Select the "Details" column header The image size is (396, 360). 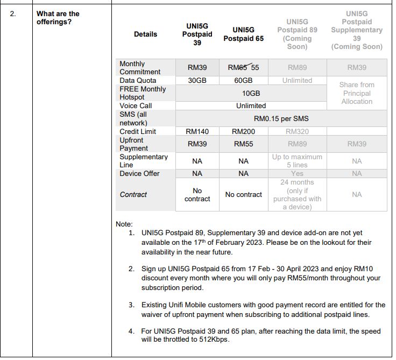pyautogui.click(x=145, y=34)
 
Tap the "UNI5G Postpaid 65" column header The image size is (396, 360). pyautogui.click(x=243, y=34)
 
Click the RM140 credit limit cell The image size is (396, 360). pyautogui.click(x=197, y=131)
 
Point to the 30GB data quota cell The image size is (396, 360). pyautogui.click(x=197, y=80)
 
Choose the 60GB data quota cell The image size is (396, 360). pyautogui.click(x=243, y=80)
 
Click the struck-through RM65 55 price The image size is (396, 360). pyautogui.click(x=243, y=68)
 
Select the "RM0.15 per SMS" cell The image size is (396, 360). pyautogui.click(x=281, y=118)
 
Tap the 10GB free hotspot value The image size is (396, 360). pyautogui.click(x=251, y=93)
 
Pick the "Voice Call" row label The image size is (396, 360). pyautogui.click(x=136, y=106)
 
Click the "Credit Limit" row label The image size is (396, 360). pyautogui.click(x=138, y=131)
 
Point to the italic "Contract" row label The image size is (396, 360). pyautogui.click(x=133, y=194)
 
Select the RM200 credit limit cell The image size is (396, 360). pyautogui.click(x=243, y=131)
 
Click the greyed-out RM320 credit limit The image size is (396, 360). pyautogui.click(x=297, y=131)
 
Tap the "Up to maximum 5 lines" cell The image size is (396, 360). pyautogui.click(x=297, y=161)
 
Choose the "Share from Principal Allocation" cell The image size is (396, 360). pyautogui.click(x=357, y=93)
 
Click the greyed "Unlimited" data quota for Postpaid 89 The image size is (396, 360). pyautogui.click(x=297, y=80)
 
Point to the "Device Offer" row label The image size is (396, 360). pyautogui.click(x=139, y=173)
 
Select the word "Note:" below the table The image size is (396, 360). pyautogui.click(x=125, y=224)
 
